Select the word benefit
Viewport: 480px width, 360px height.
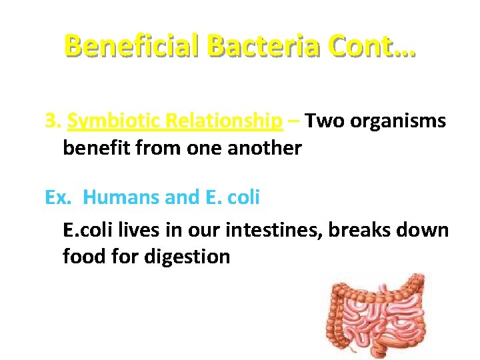tap(93, 147)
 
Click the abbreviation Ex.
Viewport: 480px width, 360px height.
tap(57, 197)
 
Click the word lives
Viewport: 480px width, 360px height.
tap(136, 230)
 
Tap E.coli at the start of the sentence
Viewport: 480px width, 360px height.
tap(87, 230)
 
